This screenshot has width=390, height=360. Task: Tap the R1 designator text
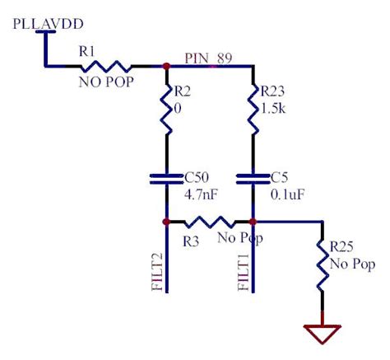[86, 52]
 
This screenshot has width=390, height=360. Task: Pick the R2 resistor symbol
[166, 112]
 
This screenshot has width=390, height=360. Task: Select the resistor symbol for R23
[252, 112]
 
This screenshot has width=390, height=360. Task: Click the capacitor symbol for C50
[166, 180]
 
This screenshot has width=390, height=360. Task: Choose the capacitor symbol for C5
[252, 180]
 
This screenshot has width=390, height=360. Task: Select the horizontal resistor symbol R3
[209, 222]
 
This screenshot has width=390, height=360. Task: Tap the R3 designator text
[191, 240]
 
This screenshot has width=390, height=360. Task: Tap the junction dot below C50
[166, 222]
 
